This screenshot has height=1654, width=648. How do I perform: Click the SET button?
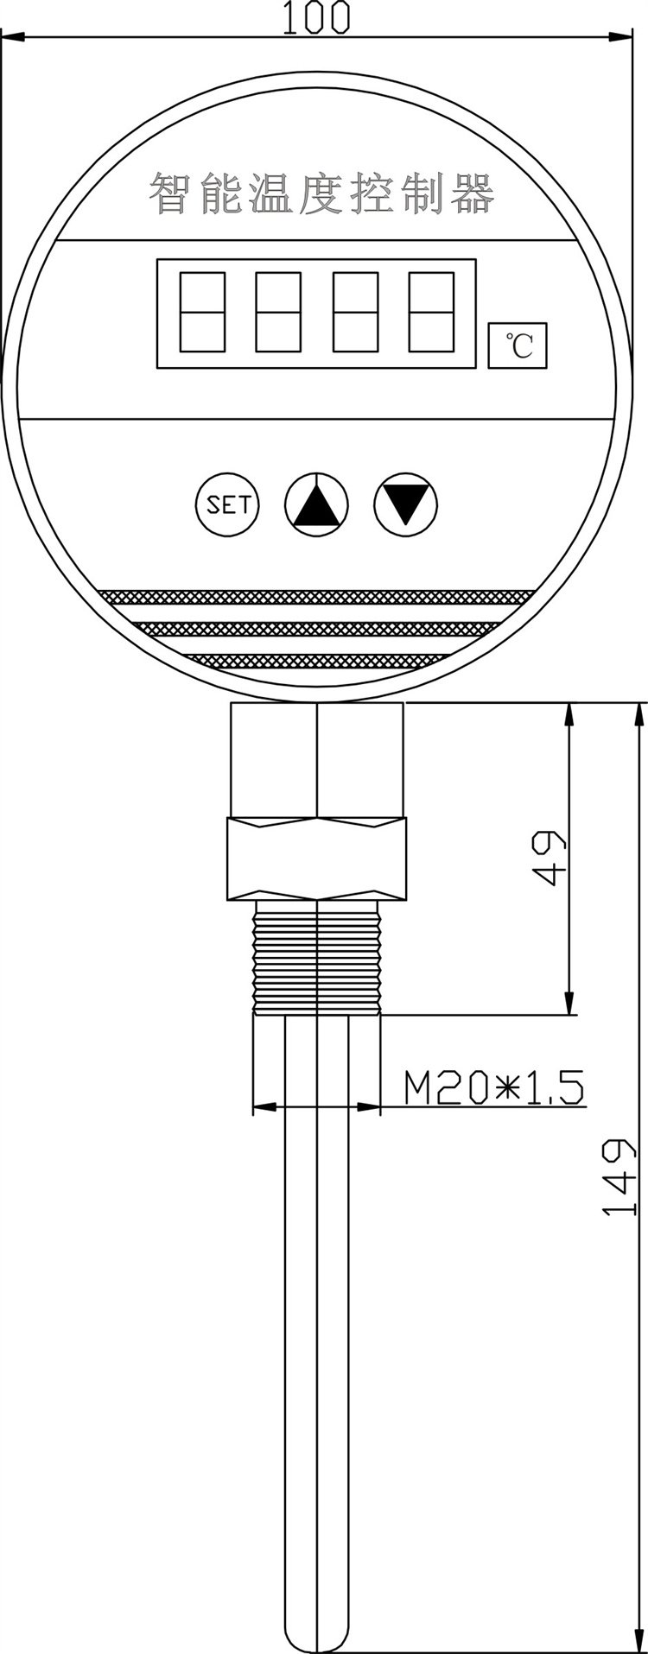[228, 504]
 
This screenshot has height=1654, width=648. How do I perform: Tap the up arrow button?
[316, 504]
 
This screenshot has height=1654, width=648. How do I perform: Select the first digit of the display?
[203, 312]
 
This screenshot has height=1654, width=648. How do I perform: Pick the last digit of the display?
[431, 312]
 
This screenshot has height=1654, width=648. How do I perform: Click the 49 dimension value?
[550, 859]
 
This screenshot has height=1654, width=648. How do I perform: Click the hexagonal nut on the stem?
[317, 859]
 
